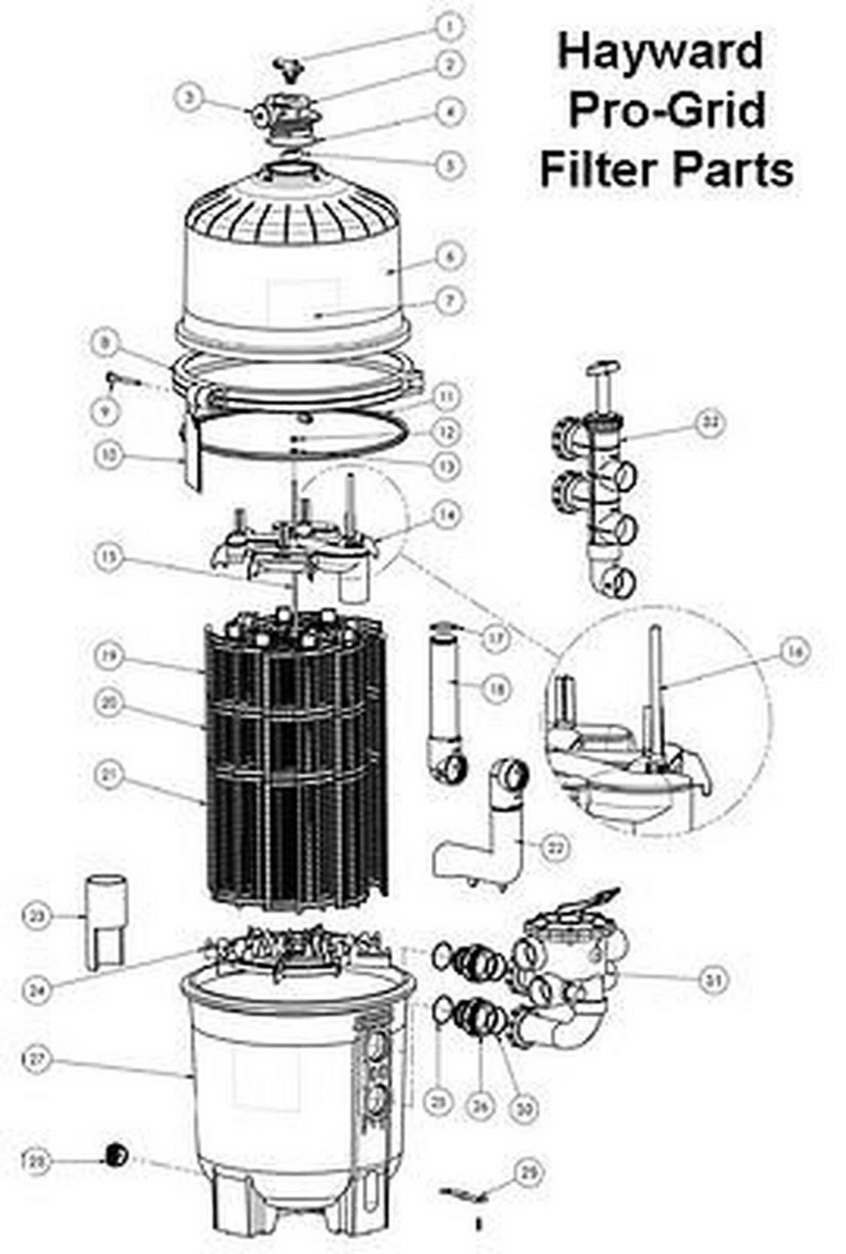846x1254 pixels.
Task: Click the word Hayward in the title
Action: point(660,53)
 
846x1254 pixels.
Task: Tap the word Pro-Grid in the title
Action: point(667,110)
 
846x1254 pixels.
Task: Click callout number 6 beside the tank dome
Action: point(450,256)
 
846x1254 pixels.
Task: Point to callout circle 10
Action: point(111,455)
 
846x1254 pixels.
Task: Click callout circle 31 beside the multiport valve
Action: point(713,979)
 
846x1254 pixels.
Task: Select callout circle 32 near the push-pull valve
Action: point(710,423)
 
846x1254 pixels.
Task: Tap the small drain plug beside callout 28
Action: point(117,1153)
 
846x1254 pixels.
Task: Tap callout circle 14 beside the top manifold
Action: point(448,514)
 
